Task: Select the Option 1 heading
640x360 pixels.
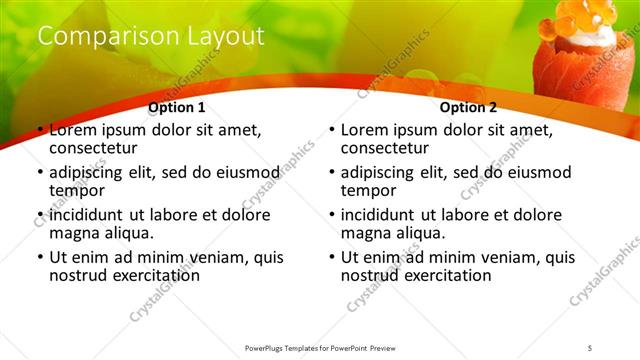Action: (x=177, y=108)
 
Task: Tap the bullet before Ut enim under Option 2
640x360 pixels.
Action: (x=332, y=257)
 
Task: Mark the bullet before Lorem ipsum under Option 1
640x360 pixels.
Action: (x=40, y=131)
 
